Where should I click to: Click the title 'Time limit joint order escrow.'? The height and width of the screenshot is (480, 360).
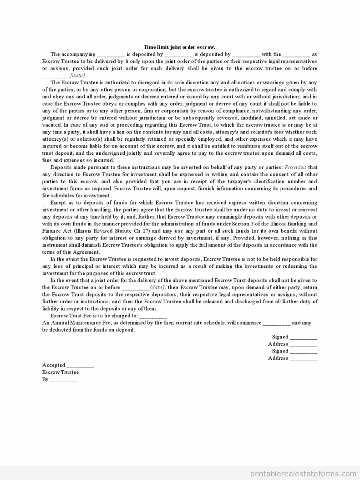point(179,47)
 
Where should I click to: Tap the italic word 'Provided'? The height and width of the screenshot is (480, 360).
point(295,167)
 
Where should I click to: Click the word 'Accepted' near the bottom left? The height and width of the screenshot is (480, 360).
point(54,365)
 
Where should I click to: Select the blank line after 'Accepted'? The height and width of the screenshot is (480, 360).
point(81,366)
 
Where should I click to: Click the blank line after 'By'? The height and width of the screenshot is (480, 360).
point(64,379)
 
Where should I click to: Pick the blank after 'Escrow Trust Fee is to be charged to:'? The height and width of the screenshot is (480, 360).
point(153,316)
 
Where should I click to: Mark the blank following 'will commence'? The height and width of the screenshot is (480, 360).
point(276,323)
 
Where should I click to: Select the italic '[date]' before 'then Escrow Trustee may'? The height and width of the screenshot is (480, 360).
point(157,287)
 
